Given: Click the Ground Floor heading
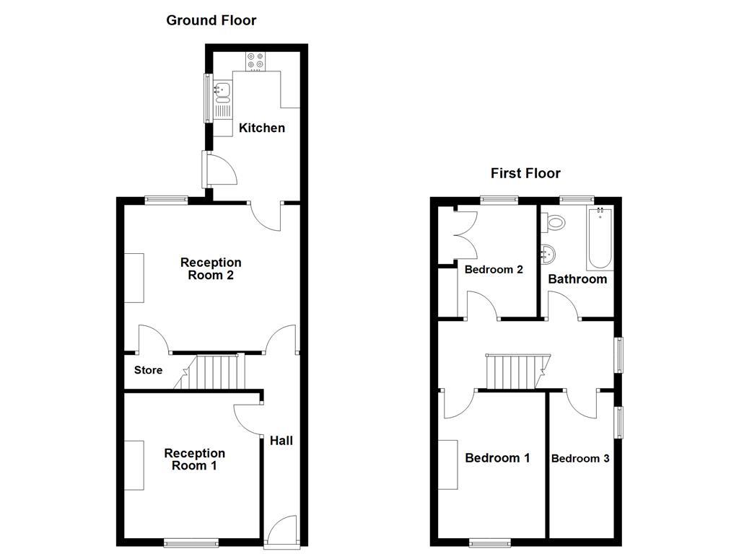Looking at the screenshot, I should pos(211,20).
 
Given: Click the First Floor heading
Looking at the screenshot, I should pos(525,173).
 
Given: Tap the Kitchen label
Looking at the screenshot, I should pos(262,128).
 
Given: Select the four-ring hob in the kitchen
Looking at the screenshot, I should pos(255,61).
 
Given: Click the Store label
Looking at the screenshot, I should pos(149,370).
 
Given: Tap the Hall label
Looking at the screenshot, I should pos(281,440).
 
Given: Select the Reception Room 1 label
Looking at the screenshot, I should pos(194,460).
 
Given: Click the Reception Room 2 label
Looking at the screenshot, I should pos(211,268).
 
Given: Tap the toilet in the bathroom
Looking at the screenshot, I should pos(555,221).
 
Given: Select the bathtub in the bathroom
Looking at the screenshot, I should pos(600,239).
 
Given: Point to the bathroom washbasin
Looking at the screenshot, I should pos(549,253).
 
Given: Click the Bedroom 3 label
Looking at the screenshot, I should pos(580,459).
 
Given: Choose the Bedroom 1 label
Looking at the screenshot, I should pos(497,458).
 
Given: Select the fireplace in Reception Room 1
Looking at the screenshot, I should pos(134,465).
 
